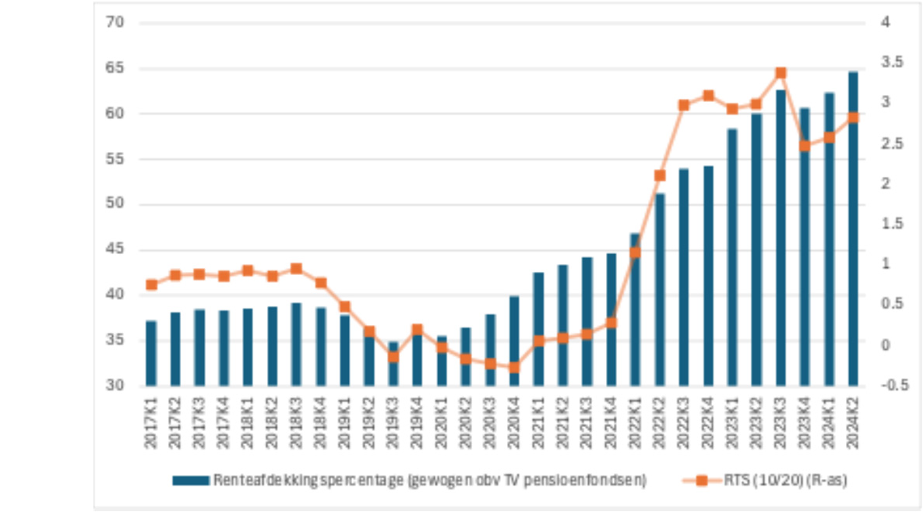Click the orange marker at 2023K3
[780, 73]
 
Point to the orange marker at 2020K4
[514, 367]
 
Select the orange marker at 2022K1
[636, 252]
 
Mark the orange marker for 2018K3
[296, 269]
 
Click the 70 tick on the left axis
[114, 23]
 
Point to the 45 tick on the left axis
[114, 250]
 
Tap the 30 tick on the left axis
[114, 386]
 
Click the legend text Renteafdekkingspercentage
[429, 481]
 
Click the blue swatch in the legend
[191, 481]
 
